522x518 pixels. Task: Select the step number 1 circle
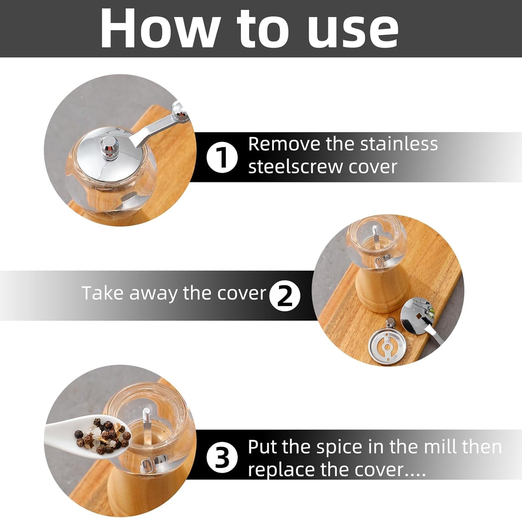coord(222,158)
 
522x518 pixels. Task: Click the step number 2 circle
coord(285,295)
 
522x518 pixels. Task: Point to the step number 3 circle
coord(222,458)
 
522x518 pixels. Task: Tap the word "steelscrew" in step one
coord(295,167)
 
